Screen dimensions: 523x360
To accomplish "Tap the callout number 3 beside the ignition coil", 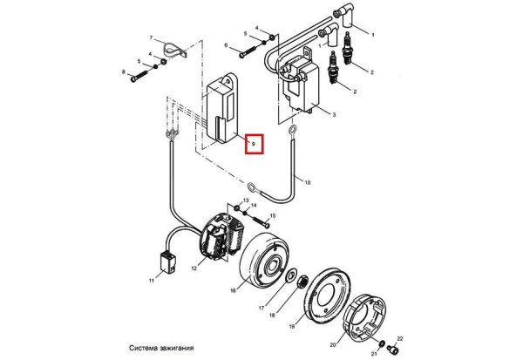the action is click(334, 115).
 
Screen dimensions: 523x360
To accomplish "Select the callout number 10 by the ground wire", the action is click(307, 182).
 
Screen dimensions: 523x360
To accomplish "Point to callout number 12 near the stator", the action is click(194, 268).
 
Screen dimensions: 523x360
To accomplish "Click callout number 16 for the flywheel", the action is click(233, 290).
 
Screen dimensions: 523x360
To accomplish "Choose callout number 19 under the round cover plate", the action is click(292, 326).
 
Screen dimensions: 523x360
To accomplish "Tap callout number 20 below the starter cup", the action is click(333, 345).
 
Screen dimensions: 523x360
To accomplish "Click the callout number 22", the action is click(400, 339).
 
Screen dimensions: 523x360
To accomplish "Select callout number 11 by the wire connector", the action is click(152, 281).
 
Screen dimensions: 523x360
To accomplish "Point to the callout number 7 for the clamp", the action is click(151, 37).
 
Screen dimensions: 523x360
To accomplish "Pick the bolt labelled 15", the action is click(261, 222).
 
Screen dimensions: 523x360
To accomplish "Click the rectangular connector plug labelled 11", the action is click(167, 262).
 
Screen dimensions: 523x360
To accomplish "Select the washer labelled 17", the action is click(291, 275).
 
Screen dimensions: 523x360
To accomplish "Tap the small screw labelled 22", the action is click(393, 350).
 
